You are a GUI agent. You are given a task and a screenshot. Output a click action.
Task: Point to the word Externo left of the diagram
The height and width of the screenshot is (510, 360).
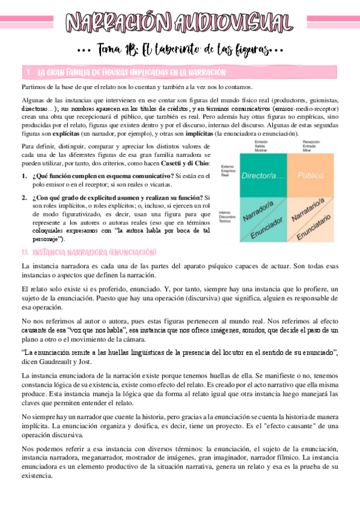pyautogui.click(x=227, y=167)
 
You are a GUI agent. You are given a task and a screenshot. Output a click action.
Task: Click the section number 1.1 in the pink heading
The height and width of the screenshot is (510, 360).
pyautogui.click(x=25, y=251)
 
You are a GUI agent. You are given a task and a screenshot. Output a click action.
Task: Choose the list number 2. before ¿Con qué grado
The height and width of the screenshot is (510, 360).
pyautogui.click(x=24, y=197)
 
